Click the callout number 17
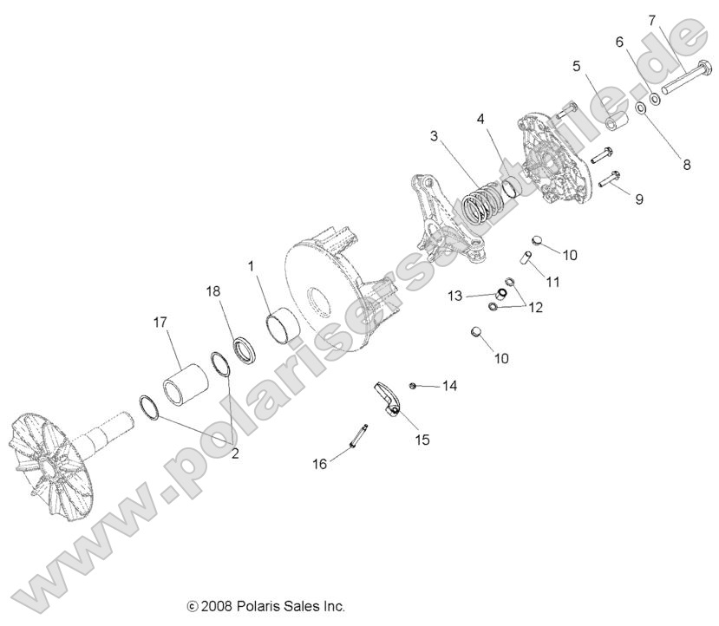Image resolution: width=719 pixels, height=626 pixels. [x=160, y=322]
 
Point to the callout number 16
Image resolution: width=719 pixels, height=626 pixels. [x=320, y=464]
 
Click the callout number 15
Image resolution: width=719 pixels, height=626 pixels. [x=422, y=440]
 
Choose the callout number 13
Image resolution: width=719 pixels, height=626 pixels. [x=455, y=296]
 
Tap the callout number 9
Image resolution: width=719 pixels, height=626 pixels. [x=639, y=199]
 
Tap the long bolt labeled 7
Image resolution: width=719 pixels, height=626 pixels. [x=685, y=85]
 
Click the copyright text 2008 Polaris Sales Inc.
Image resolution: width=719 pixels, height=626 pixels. [x=265, y=604]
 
